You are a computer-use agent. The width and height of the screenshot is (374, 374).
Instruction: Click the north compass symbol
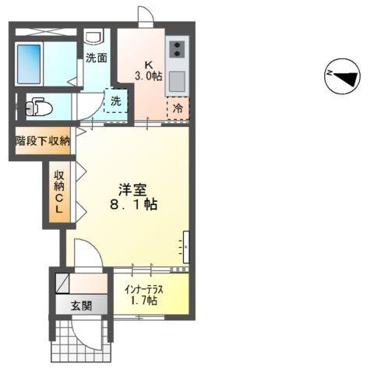click(342, 76)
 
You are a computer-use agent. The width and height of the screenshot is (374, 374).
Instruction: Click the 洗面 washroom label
click(96, 57)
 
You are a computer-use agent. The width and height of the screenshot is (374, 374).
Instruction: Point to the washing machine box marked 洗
click(116, 101)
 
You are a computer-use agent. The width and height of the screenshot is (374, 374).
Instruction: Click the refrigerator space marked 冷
click(178, 108)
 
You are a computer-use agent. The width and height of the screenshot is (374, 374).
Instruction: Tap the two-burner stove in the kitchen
click(177, 50)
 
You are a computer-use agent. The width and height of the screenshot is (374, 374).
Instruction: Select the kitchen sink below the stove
click(177, 80)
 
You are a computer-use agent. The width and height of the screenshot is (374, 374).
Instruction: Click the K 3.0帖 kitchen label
click(147, 70)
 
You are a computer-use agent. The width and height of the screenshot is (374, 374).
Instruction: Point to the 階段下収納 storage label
click(44, 141)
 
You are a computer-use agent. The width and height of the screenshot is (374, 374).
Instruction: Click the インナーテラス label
click(143, 288)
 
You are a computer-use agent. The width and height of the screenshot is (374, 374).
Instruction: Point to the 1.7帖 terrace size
click(143, 301)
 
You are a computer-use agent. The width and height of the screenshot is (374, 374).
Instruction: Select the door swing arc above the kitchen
click(145, 16)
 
